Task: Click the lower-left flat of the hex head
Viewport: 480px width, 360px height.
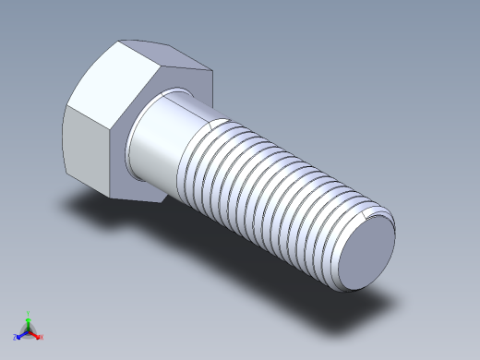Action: pyautogui.click(x=88, y=148)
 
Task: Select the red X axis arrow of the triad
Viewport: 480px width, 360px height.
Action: pyautogui.click(x=36, y=335)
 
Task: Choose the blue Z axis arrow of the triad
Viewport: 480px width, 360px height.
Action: pyautogui.click(x=19, y=335)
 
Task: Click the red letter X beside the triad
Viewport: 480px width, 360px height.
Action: pyautogui.click(x=42, y=338)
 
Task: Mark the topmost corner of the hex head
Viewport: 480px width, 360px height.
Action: pyautogui.click(x=120, y=41)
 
